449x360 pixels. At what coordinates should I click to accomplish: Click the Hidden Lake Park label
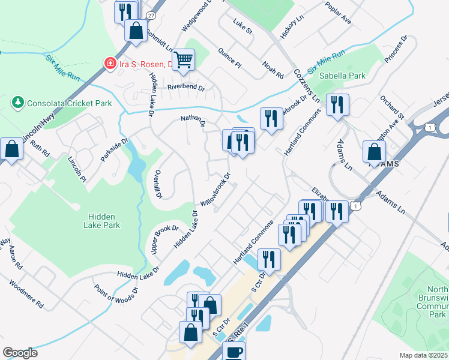(x=104, y=221)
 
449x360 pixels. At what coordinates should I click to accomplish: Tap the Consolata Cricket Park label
(x=69, y=103)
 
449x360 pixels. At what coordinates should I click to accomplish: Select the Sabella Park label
(x=342, y=76)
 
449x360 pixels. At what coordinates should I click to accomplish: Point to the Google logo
(x=20, y=353)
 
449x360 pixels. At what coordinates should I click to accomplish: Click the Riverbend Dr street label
(x=186, y=87)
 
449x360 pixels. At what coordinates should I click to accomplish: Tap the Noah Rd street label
(x=273, y=70)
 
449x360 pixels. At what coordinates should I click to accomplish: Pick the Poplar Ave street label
(x=337, y=13)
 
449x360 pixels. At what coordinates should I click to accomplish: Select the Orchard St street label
(x=392, y=106)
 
